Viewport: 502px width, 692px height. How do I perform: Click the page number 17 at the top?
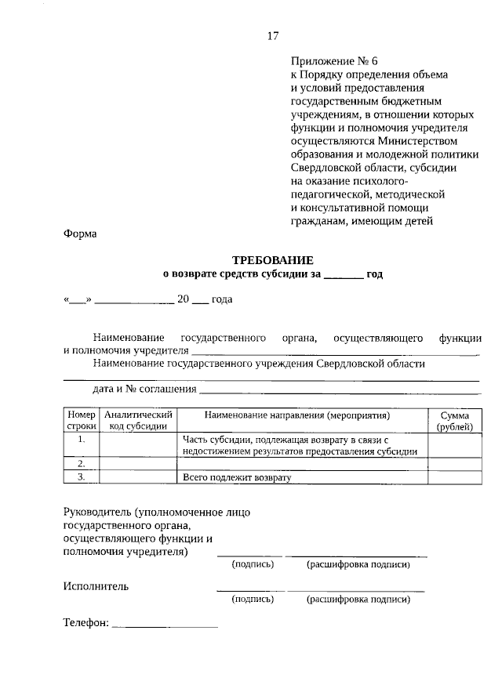click(x=273, y=36)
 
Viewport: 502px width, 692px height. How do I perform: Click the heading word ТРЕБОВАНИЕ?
click(x=273, y=259)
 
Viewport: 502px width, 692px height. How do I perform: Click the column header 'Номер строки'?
click(x=81, y=420)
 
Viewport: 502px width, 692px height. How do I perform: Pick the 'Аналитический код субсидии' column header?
click(x=138, y=420)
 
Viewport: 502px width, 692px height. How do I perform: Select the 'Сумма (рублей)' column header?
click(x=455, y=420)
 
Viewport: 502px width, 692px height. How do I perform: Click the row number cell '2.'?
click(x=81, y=464)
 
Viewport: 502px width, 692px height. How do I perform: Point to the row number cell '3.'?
click(x=81, y=476)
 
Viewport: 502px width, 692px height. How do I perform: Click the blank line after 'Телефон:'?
click(x=166, y=625)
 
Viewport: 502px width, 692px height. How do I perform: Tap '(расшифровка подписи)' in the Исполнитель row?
click(x=358, y=600)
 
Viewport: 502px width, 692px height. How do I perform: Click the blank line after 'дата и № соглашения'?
click(x=339, y=389)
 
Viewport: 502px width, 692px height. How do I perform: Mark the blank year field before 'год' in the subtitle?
click(x=343, y=274)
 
